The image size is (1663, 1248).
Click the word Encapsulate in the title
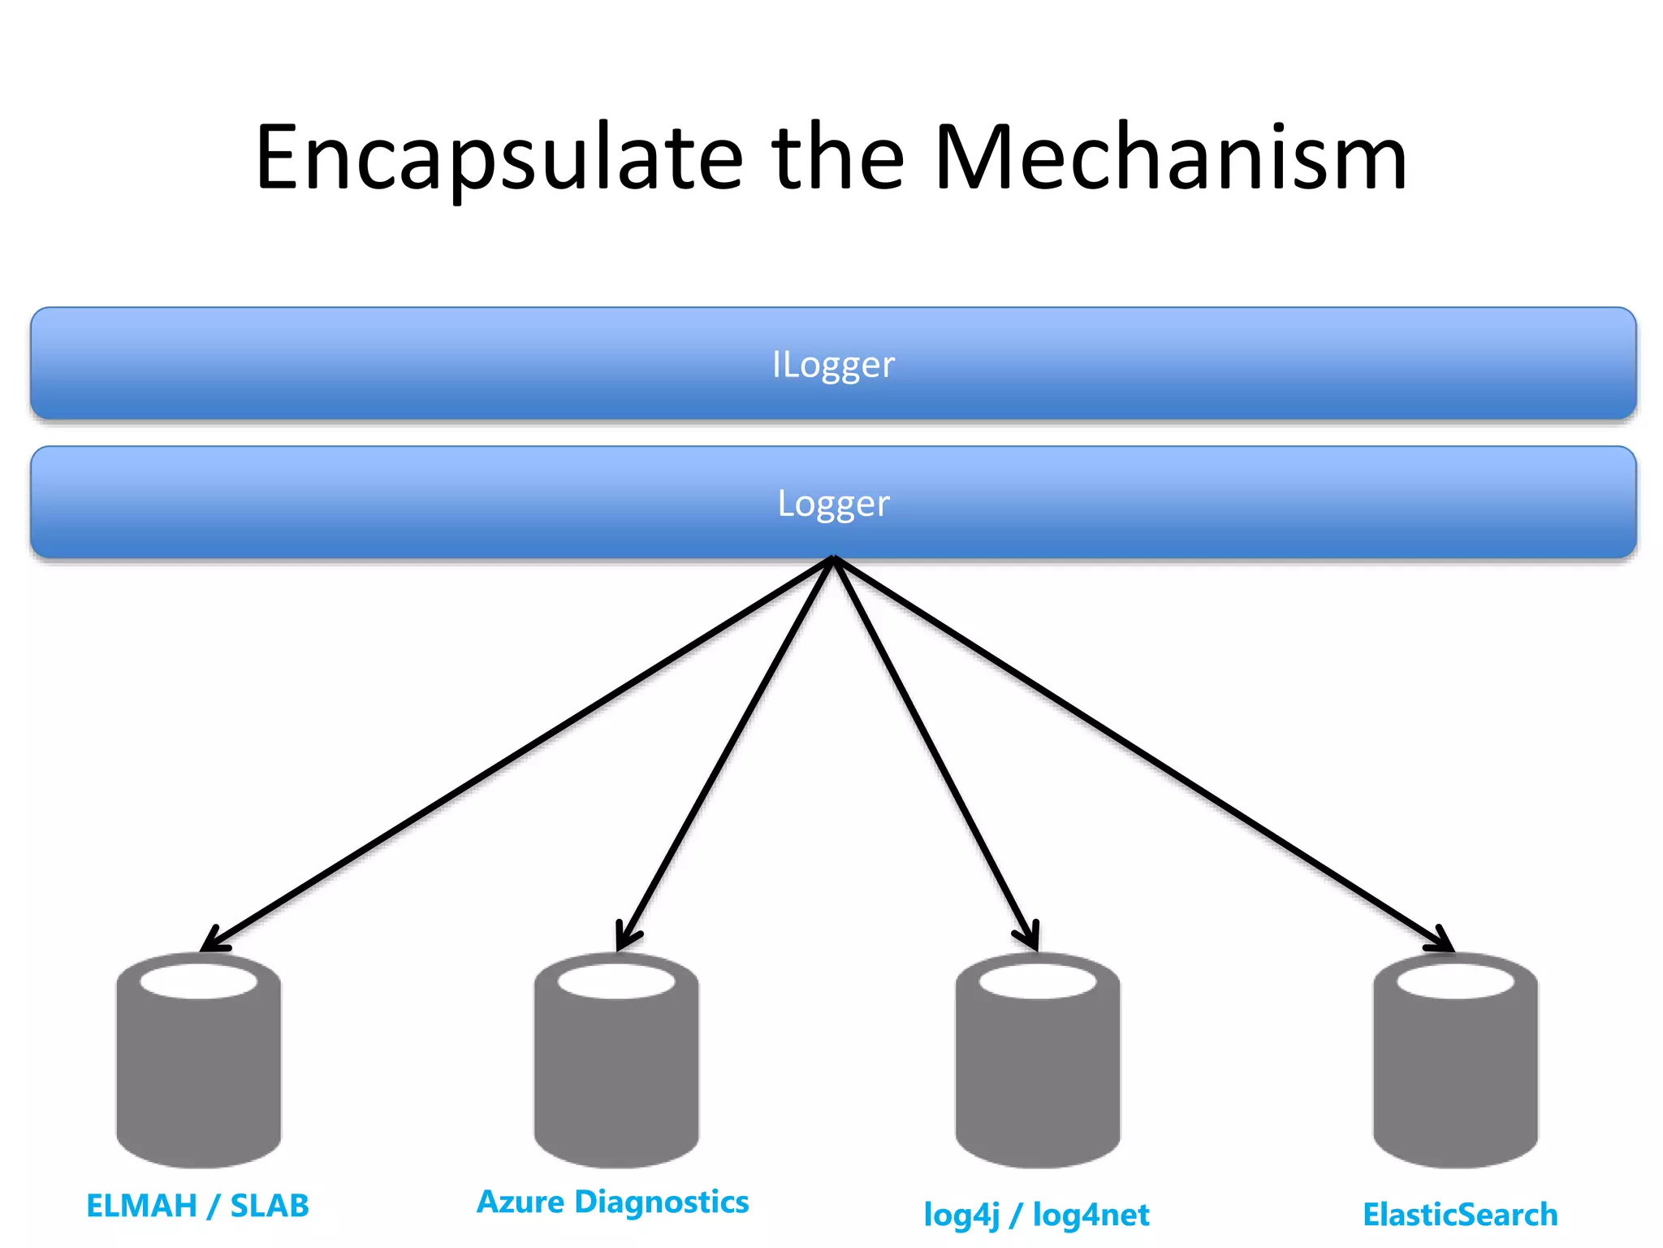click(499, 158)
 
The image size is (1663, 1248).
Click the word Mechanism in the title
click(1170, 158)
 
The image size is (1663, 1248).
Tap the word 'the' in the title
click(838, 158)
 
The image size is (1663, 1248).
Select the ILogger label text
click(833, 365)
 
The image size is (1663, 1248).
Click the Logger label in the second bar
click(833, 504)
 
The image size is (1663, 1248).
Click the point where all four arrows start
click(833, 559)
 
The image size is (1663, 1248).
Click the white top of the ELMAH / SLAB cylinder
click(199, 981)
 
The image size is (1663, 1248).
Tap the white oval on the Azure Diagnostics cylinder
click(616, 981)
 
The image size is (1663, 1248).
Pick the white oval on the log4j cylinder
click(1038, 981)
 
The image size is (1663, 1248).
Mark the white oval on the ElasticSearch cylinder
click(1455, 981)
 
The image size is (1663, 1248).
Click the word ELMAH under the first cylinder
click(141, 1206)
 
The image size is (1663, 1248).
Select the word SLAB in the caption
click(270, 1206)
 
